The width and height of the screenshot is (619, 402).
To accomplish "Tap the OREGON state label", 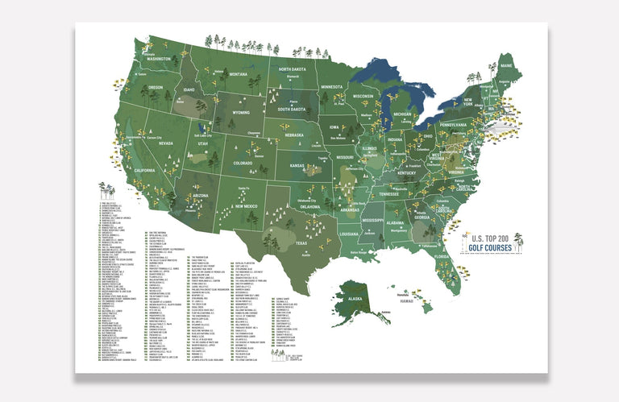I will click(x=155, y=87).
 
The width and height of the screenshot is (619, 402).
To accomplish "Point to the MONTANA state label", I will click(x=238, y=74).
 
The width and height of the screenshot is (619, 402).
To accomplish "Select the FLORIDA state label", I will click(x=440, y=257).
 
